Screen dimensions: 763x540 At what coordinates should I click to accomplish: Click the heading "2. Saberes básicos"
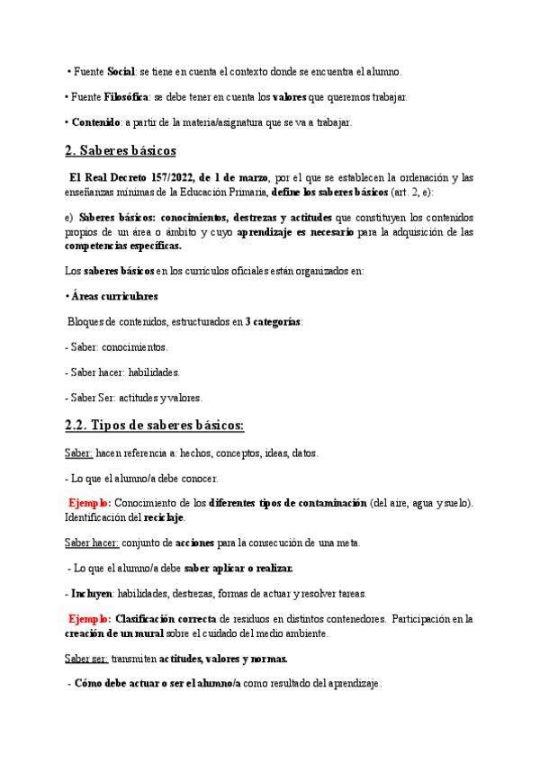(x=121, y=150)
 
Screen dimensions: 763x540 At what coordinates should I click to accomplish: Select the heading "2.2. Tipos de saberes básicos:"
(x=148, y=426)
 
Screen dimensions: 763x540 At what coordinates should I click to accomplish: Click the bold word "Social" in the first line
(x=121, y=71)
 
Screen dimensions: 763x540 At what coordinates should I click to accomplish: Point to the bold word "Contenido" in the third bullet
(x=96, y=122)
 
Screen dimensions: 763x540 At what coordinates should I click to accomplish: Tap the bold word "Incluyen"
(x=93, y=593)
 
